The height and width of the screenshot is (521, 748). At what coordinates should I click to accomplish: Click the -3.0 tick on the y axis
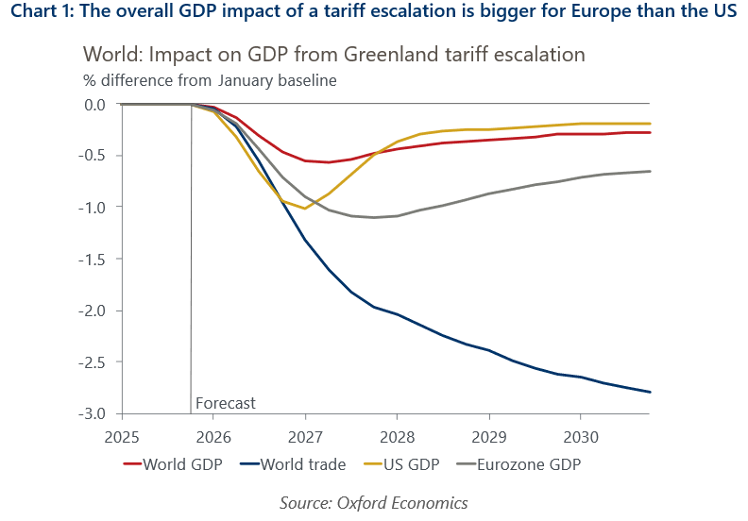pos(94,414)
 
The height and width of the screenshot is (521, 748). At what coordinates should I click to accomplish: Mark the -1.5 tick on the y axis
pos(94,259)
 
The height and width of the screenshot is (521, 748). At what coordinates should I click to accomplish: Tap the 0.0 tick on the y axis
pos(94,104)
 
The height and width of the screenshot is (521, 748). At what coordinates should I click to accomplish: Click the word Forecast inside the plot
pos(225,403)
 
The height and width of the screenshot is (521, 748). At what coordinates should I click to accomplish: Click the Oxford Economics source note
pos(373,502)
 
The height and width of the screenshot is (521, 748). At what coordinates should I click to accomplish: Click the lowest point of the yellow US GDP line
pos(304,209)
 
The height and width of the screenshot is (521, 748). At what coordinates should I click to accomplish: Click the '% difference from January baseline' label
pos(210,81)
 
